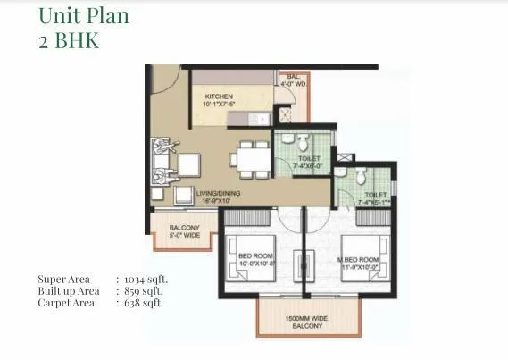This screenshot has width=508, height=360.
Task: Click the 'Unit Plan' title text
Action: [82, 16]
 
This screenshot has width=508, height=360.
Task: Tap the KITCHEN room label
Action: [220, 96]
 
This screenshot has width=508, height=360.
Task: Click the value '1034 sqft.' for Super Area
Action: [148, 280]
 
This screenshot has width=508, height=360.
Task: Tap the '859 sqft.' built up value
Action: [146, 291]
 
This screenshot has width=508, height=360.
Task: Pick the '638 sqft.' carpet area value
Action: [146, 303]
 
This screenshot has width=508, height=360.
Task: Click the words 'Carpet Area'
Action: [66, 303]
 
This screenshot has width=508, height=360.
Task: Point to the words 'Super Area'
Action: [63, 280]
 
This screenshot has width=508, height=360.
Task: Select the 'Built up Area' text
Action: [69, 291]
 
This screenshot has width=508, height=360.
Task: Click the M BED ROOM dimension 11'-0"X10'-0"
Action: [363, 265]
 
